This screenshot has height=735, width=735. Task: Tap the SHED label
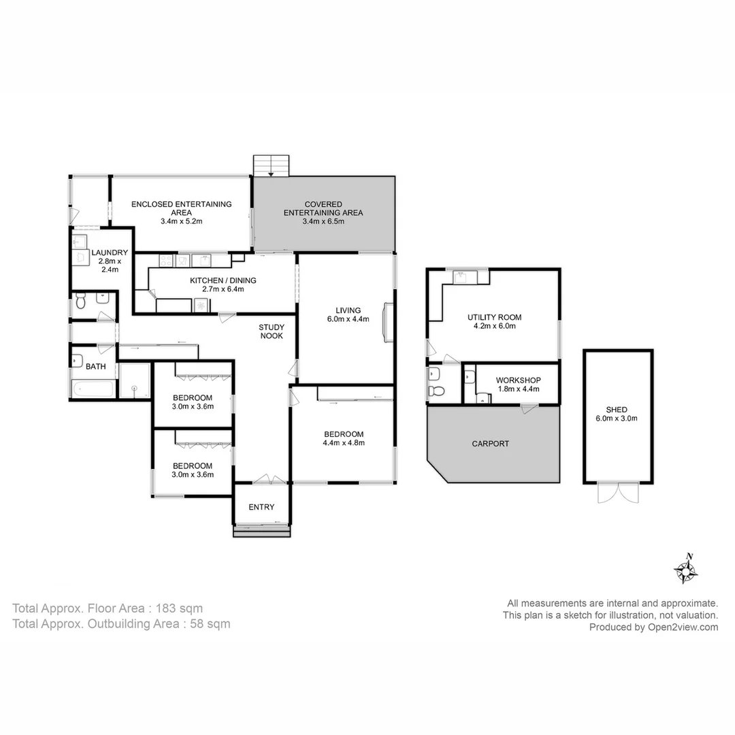pyautogui.click(x=617, y=410)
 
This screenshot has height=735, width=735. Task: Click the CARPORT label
pyautogui.click(x=490, y=444)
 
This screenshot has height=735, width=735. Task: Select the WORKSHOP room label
pyautogui.click(x=518, y=380)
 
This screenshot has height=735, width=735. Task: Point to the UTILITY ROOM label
pyautogui.click(x=494, y=317)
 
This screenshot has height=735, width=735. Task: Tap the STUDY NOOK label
pyautogui.click(x=272, y=331)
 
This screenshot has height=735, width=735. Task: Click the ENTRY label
pyautogui.click(x=261, y=507)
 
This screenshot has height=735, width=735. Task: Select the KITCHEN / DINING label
pyautogui.click(x=223, y=280)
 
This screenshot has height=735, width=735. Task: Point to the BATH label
pyautogui.click(x=96, y=366)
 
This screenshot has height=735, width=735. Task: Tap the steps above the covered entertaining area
pyautogui.click(x=272, y=165)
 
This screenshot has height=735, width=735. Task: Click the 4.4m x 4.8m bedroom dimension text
pyautogui.click(x=343, y=443)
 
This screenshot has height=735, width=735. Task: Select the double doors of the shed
pyautogui.click(x=618, y=493)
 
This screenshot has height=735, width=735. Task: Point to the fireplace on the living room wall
pyautogui.click(x=389, y=321)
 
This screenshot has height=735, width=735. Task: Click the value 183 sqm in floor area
pyautogui.click(x=179, y=608)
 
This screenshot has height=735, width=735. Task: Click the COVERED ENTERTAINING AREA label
pyautogui.click(x=323, y=208)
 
